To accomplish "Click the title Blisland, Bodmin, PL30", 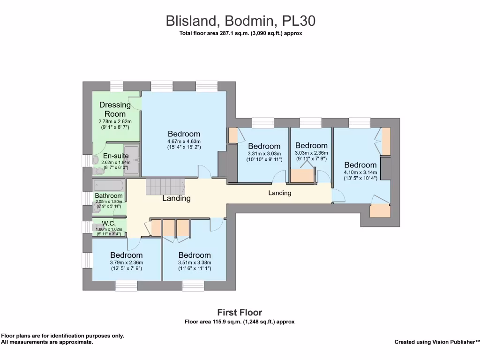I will pos(240,21).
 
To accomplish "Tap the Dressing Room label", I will pos(115,109).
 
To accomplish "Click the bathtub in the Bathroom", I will pos(108,185).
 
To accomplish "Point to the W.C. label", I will pos(108,223).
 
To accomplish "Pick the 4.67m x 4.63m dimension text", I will pos(184,142).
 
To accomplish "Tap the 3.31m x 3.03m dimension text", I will pos(264,153).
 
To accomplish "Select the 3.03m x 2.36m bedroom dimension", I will pos(311,153).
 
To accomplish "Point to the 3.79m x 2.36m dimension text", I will pos(127,262).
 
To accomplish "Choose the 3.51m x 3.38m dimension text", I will pos(195,262).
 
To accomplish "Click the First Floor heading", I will pos(240,312).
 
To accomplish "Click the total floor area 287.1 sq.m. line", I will pos(240,33).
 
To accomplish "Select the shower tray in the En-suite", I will pos(132,160).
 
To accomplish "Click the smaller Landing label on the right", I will pos(280,193).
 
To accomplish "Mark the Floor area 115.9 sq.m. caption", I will pos(240,322).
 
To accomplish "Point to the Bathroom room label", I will pos(109,195).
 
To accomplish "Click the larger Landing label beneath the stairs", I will pos(176,198).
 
